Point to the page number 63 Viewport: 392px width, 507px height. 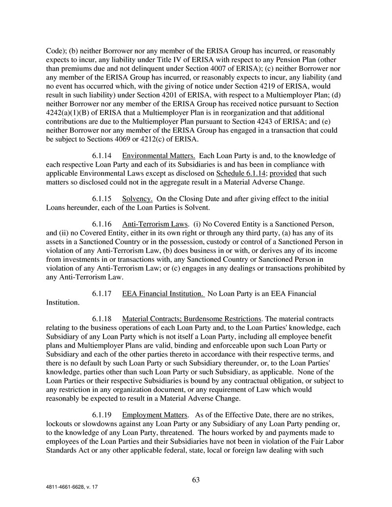pos(196,480)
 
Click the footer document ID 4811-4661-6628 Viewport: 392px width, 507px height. pos(61,489)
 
